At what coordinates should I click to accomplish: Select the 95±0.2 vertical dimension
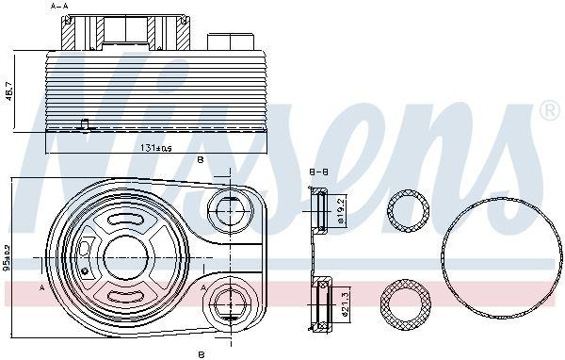click(x=8, y=257)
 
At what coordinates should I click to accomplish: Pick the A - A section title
click(x=60, y=6)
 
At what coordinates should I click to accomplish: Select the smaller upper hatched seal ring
click(x=409, y=213)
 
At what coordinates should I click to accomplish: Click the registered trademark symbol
click(x=548, y=112)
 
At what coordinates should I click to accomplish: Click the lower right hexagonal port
click(x=227, y=303)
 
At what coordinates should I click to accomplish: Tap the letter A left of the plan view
click(x=43, y=287)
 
